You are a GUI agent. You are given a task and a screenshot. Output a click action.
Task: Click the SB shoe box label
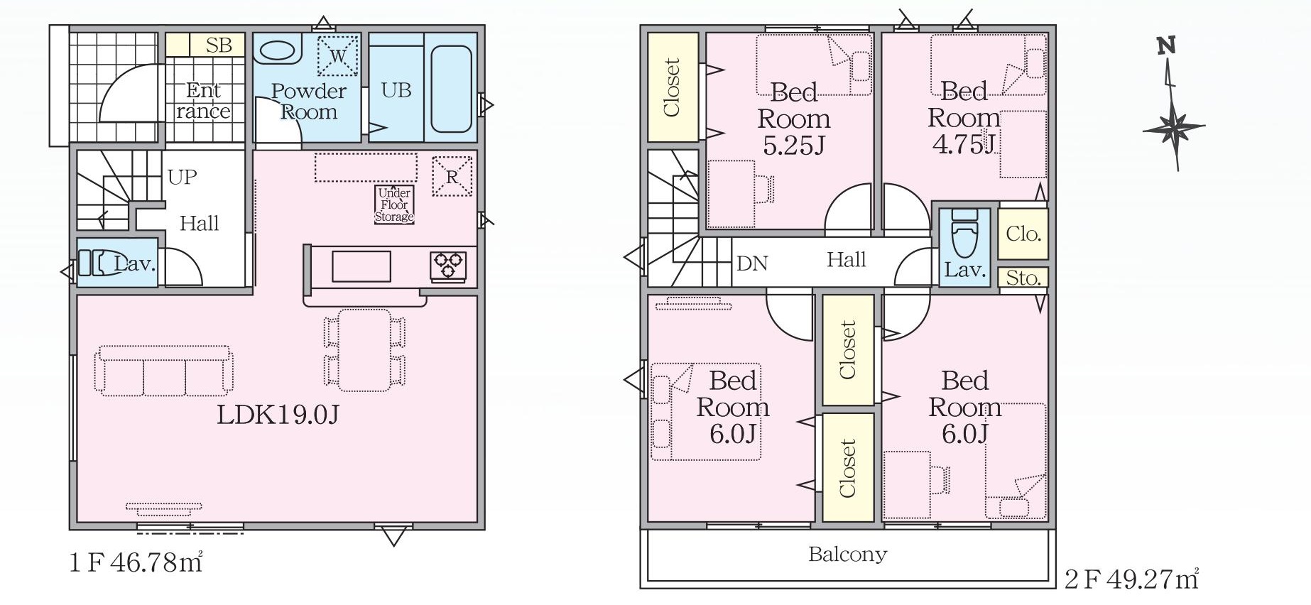(219, 45)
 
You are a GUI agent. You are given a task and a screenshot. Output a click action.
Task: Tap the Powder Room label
(308, 102)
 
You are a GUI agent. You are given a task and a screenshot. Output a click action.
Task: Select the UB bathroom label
(396, 90)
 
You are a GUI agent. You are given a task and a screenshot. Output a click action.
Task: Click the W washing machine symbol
(338, 55)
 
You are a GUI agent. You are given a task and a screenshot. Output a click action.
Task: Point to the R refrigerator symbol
(452, 176)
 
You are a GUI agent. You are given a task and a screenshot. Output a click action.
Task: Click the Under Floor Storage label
(394, 205)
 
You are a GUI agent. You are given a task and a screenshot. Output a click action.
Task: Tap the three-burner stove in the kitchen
(448, 266)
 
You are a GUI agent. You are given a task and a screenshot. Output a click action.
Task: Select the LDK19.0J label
(278, 415)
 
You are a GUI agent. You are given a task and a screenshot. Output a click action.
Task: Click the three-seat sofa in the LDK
(164, 371)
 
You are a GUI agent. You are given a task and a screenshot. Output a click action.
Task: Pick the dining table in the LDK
(365, 350)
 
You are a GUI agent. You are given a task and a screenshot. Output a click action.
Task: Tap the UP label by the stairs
(183, 177)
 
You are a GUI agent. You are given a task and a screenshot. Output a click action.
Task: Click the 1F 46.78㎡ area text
(136, 562)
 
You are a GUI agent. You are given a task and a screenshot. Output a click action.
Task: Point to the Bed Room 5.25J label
(794, 119)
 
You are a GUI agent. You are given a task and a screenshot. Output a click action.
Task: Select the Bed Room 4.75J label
(964, 117)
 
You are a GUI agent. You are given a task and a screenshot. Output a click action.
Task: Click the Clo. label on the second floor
(1023, 234)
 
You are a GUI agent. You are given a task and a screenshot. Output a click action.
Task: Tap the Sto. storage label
(1023, 278)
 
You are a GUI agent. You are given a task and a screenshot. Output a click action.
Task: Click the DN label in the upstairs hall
(752, 263)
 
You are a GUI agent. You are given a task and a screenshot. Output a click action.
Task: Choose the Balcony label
(848, 554)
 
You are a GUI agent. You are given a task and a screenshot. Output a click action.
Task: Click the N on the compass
(1166, 46)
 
